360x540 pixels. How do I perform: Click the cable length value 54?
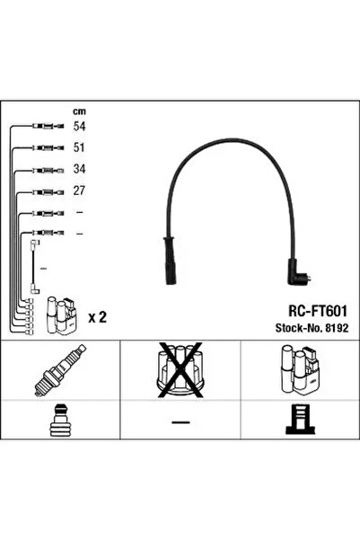79,127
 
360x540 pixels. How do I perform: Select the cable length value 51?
79,147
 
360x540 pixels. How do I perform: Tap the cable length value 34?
79,169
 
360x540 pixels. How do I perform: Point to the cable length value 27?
79,190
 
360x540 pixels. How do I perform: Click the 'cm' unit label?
79,111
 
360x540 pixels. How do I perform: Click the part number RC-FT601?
318,311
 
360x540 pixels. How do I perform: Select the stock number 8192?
337,328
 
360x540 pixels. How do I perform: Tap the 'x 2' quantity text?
97,317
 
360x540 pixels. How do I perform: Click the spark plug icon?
60,370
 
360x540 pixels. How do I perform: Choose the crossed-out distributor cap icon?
180,370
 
